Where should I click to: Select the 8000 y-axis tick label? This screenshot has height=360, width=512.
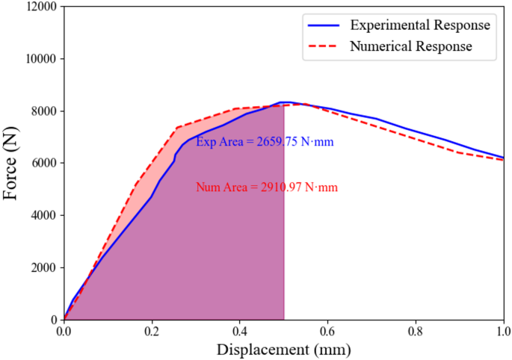(x=43, y=111)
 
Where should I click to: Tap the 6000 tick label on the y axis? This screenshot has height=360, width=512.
(x=43, y=164)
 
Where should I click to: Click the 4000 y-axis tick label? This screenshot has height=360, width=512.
(x=43, y=216)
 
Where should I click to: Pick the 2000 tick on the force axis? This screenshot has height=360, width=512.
(x=43, y=268)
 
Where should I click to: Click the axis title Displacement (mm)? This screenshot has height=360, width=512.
(x=283, y=349)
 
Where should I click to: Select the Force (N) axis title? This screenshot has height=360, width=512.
(x=11, y=164)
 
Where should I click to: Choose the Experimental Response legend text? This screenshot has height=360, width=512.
(x=420, y=25)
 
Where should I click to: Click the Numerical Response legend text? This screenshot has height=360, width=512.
(x=411, y=46)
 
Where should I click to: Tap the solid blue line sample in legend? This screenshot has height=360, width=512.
(x=324, y=25)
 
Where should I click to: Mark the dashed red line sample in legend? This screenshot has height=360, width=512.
(x=324, y=46)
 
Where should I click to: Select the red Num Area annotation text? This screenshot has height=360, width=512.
(x=267, y=187)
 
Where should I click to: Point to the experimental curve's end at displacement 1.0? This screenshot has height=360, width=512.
(x=503, y=158)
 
